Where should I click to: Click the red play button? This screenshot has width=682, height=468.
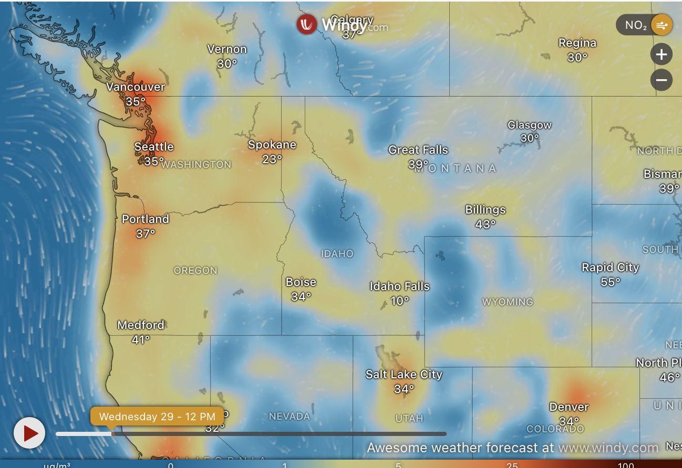point(29,433)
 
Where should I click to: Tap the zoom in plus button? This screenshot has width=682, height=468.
point(661,54)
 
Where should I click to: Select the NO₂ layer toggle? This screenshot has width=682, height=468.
point(644,25)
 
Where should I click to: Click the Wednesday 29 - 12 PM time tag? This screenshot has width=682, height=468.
point(157,417)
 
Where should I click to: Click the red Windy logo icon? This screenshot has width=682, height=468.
point(306,24)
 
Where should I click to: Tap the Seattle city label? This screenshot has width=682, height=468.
point(154,147)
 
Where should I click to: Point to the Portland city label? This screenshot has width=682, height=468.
point(146,219)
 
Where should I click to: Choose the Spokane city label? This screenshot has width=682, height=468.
point(272,145)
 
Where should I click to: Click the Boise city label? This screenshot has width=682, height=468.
point(301,282)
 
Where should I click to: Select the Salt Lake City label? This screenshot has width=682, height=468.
point(404,375)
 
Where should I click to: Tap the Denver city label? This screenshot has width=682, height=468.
point(569,407)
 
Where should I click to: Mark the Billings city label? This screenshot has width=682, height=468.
point(485,210)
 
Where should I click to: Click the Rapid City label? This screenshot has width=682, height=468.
point(611,268)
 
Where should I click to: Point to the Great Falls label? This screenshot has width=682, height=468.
point(418,150)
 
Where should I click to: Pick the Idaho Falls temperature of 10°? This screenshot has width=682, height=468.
point(400,301)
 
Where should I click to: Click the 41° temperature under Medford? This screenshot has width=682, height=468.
point(141,339)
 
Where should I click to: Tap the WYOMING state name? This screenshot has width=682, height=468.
point(508,302)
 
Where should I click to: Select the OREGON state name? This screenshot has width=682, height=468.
point(195,271)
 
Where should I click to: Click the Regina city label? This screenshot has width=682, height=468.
point(577,43)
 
